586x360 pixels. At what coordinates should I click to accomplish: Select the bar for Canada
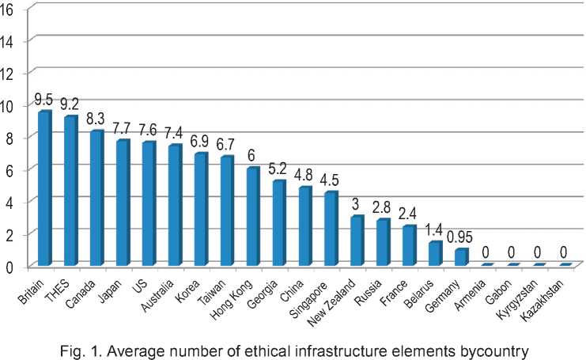point(96,198)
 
